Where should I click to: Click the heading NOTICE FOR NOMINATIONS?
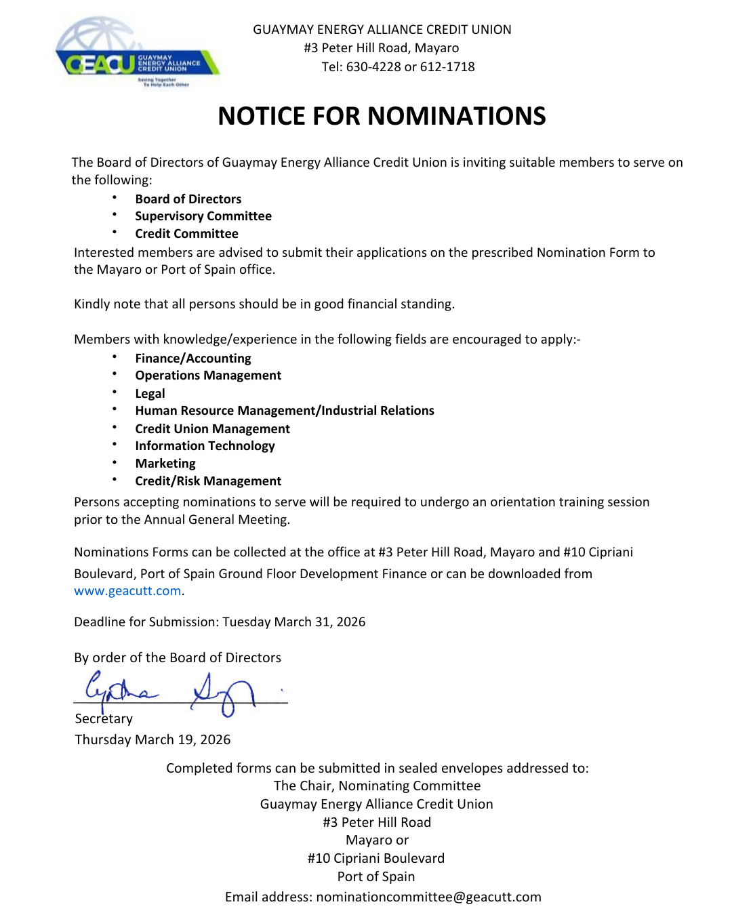382,116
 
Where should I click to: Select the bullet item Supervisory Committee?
203,216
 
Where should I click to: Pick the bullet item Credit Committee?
186,234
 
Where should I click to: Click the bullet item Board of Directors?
188,199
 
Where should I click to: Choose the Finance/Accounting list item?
193,359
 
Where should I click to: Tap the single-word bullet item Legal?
150,394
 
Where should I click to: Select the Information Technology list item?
205,446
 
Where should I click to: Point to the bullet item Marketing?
165,464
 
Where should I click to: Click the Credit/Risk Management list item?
208,481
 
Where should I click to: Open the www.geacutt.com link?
127,591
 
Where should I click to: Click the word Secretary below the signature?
104,719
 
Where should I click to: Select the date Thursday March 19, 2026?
152,740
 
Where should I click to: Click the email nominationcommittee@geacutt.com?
428,897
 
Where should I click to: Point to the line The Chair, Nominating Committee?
377,786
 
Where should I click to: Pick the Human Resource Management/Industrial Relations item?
285,411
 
